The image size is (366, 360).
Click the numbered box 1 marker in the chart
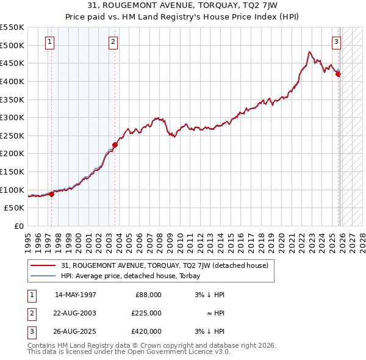pyautogui.click(x=49, y=42)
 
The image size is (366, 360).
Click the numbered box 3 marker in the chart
pyautogui.click(x=336, y=42)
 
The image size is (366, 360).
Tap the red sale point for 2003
pyautogui.click(x=115, y=145)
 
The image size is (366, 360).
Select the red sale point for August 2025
pyautogui.click(x=338, y=74)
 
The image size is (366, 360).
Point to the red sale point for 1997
pyautogui.click(x=52, y=194)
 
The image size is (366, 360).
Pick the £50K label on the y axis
pyautogui.click(x=15, y=208)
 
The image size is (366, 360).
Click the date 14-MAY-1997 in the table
pyautogui.click(x=76, y=295)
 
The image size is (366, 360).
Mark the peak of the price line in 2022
pyautogui.click(x=310, y=52)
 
